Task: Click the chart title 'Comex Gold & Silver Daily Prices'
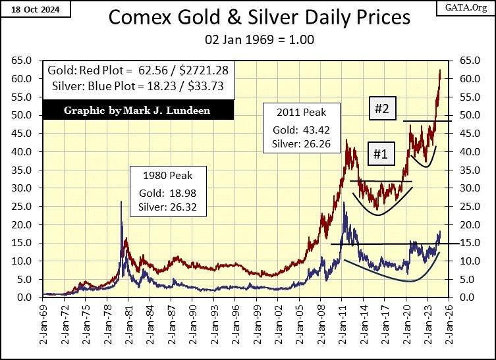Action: tap(248, 18)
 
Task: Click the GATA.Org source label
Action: tap(466, 8)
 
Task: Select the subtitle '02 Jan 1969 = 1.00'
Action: tap(248, 39)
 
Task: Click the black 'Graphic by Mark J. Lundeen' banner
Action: tap(136, 110)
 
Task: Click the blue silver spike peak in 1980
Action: tap(121, 202)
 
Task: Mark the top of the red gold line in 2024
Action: tap(440, 70)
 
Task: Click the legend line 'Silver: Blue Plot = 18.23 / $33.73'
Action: tap(137, 87)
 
